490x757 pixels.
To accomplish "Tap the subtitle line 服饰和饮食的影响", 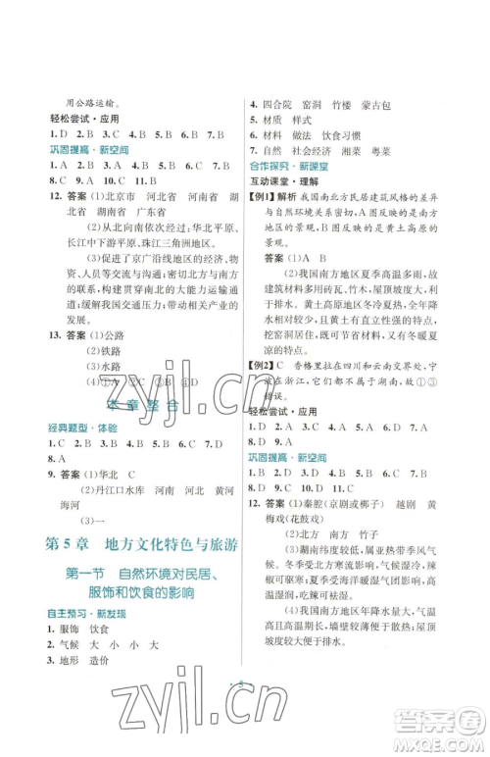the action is point(143,593).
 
